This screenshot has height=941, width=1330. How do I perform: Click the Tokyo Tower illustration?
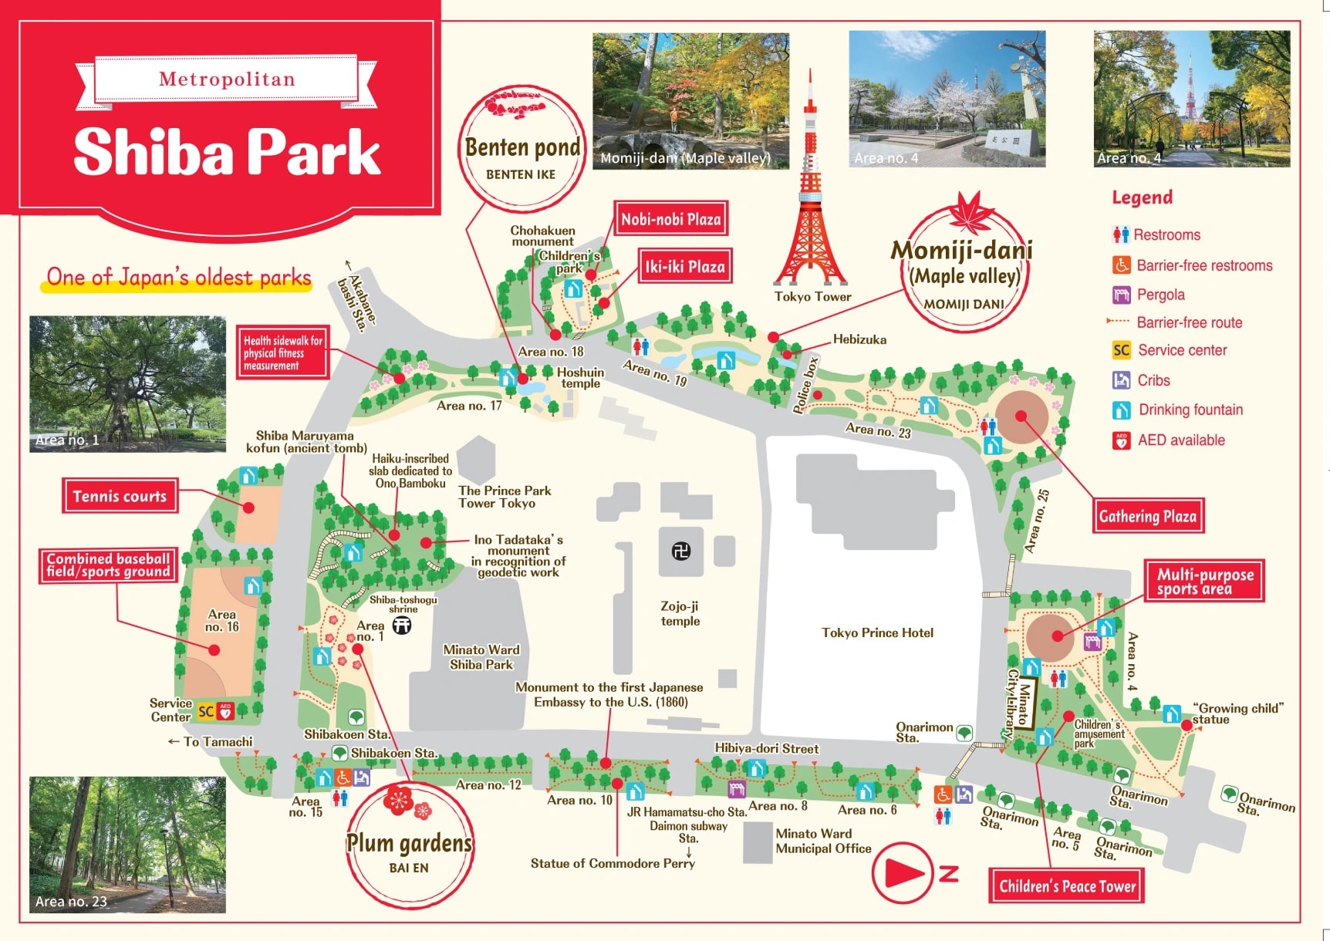810,201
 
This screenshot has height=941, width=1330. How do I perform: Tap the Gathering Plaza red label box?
1147,516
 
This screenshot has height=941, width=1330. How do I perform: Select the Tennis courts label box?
120,496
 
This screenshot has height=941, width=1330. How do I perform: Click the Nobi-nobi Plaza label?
670,219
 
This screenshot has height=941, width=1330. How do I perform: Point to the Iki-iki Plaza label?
684,267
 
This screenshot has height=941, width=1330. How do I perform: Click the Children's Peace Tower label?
1066,886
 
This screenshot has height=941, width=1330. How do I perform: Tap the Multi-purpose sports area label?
1204,581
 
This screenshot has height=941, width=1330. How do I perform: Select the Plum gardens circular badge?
409,845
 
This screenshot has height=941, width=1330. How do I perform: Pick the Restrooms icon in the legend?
1120,234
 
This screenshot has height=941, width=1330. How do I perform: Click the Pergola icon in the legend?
1121,295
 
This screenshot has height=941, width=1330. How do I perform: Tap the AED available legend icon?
1121,440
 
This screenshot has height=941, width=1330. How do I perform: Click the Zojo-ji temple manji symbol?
680,551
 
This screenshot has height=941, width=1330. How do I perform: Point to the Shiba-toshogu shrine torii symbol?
402,626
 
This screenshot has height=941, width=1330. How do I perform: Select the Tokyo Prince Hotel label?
877,632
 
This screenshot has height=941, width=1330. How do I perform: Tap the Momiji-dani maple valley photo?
690,99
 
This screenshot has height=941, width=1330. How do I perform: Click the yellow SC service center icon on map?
206,711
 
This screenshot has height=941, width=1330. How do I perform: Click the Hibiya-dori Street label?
766,748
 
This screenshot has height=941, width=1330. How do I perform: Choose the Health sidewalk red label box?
282,352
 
